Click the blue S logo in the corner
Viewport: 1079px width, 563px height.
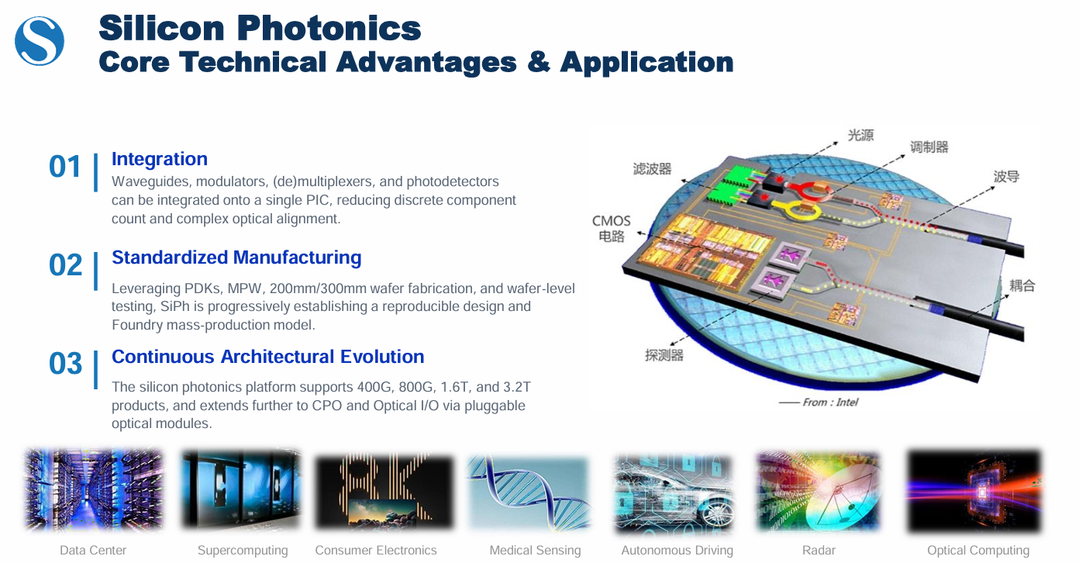tap(40, 41)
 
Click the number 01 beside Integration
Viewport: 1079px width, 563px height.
tap(64, 167)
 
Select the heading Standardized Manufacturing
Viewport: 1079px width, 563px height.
tap(236, 257)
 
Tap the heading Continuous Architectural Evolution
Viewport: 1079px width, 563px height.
tap(268, 357)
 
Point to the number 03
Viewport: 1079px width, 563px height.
tap(66, 364)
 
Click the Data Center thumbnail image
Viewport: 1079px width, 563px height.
tap(94, 489)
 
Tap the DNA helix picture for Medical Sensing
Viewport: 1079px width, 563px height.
tap(529, 492)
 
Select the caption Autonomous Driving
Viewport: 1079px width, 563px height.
tap(677, 550)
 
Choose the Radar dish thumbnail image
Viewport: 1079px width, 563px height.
tap(819, 491)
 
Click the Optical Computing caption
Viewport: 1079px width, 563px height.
tap(978, 550)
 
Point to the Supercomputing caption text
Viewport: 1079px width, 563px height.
tap(243, 550)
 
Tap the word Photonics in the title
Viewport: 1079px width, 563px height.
tap(329, 28)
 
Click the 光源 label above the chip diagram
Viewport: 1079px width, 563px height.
tap(860, 135)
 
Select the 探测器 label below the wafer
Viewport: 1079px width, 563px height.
tap(664, 355)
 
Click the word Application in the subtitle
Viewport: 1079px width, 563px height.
tap(646, 63)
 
